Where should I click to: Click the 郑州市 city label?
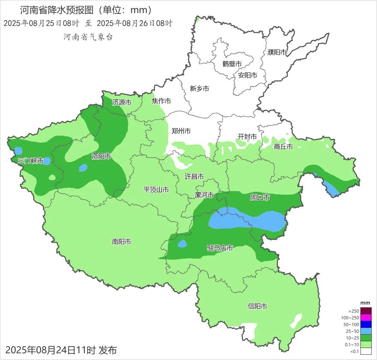pos(181,131)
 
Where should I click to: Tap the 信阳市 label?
pos(257,306)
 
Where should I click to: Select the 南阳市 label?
pos(122,242)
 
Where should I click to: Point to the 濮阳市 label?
pos(277,52)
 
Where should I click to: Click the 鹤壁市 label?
pos(232,64)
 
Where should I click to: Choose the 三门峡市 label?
pos(30,161)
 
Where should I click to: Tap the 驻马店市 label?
pos(220,248)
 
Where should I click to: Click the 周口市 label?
pos(260,197)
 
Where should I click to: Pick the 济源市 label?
pos(122,102)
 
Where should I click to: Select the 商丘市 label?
pos(283,147)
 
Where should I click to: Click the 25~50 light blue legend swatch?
pos(366,331)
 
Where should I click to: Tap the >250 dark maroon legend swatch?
pos(366,311)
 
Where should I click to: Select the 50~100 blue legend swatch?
pos(366,324)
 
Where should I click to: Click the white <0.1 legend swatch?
pos(366,351)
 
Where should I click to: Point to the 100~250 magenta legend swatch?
pos(366,318)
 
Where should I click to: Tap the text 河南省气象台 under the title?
pos(88,37)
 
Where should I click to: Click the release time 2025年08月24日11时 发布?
pos(61,350)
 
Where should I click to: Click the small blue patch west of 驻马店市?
pos(182,244)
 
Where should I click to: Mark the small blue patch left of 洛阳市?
pos(83,168)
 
